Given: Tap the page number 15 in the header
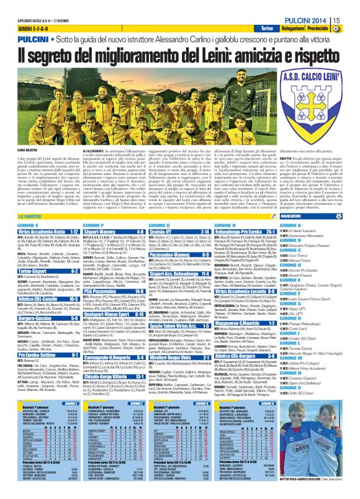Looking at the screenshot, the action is [353, 21].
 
